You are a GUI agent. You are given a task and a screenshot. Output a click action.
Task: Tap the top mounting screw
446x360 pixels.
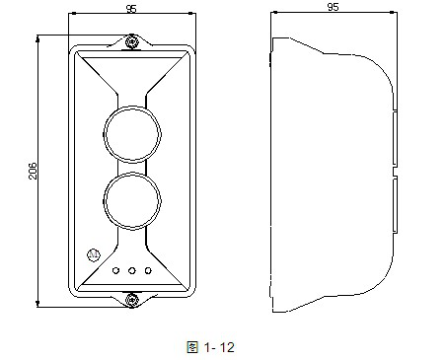[x=131, y=41]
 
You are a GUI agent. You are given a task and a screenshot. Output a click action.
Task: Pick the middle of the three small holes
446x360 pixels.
[x=131, y=269]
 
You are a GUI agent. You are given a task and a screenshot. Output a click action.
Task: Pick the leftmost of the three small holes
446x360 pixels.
[x=115, y=269]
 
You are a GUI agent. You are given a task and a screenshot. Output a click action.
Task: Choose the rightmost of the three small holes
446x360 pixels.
[x=147, y=269]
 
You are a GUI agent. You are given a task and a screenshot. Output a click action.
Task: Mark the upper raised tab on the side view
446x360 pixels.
[x=396, y=137]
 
